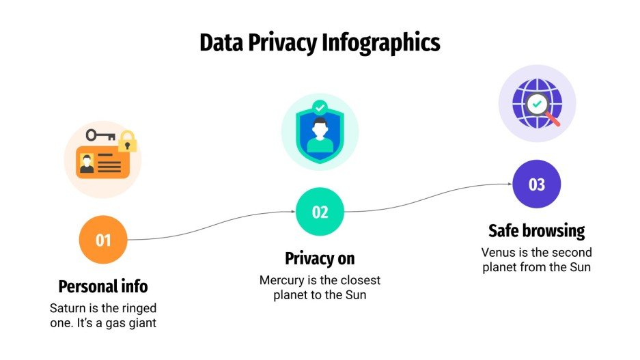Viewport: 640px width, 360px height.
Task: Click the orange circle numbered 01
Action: [x=103, y=240]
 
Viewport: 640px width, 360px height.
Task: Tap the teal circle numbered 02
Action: [x=320, y=212]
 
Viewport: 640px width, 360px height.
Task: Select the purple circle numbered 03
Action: [x=536, y=184]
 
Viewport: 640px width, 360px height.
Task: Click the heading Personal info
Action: [x=103, y=286]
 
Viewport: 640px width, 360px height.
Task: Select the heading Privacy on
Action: [x=320, y=259]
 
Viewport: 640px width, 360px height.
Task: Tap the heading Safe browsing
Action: [x=536, y=230]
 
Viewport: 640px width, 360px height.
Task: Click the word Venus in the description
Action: [x=498, y=252]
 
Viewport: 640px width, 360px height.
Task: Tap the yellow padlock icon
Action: [x=127, y=142]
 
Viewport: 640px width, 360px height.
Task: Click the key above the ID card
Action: [x=100, y=135]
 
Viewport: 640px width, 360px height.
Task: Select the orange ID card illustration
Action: [x=102, y=162]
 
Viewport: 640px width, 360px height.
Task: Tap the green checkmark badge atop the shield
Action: [x=320, y=107]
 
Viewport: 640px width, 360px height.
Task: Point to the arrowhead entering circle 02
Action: [x=293, y=212]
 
